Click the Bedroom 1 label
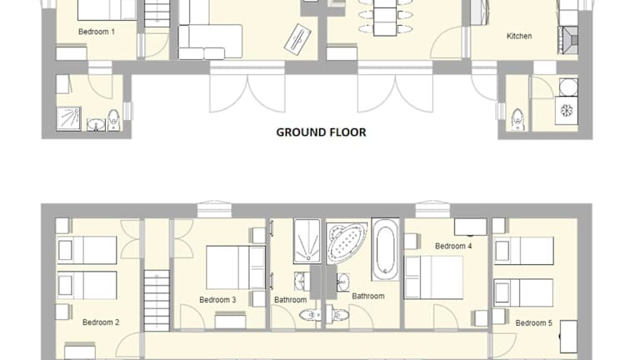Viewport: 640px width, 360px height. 97,32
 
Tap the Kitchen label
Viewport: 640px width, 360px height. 519,36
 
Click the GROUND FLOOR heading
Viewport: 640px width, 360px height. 321,132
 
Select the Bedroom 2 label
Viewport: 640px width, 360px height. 101,322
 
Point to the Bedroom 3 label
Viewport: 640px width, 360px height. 217,300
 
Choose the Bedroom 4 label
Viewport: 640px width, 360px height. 453,246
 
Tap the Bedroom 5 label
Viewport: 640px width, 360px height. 534,323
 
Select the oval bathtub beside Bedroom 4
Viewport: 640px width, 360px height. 385,249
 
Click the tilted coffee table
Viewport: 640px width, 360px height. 297,38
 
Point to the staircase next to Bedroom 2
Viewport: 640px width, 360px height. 157,300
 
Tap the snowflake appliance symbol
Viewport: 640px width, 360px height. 567,111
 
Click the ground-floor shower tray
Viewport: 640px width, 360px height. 68,118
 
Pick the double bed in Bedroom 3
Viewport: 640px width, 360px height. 236,267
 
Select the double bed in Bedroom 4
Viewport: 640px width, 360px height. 433,277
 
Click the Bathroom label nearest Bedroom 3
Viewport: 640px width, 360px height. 290,300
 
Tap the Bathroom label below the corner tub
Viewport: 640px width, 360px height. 368,297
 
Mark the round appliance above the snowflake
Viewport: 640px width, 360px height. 568,87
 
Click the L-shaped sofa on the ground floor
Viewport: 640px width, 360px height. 210,36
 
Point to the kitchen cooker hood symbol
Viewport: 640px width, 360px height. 568,40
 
